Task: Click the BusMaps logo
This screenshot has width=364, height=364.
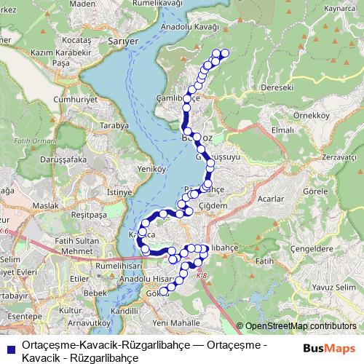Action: pyautogui.click(x=329, y=349)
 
